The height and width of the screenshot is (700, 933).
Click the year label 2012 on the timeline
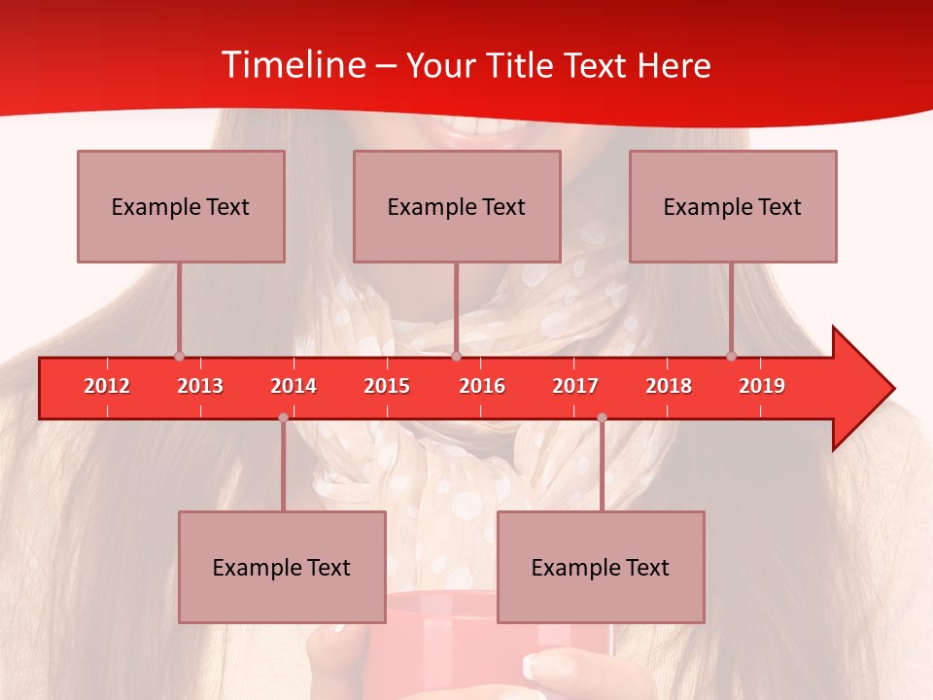[x=107, y=386]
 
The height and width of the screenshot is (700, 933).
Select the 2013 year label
[x=200, y=386]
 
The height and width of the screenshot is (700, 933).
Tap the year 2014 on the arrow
[x=294, y=386]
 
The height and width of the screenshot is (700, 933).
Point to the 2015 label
[x=387, y=386]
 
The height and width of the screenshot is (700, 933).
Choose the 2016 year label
[x=482, y=386]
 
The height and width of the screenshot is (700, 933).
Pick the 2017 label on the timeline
[x=575, y=386]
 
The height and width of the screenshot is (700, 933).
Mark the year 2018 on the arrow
[x=669, y=386]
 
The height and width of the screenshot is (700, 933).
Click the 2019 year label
[x=762, y=386]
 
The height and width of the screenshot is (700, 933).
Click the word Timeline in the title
[x=293, y=65]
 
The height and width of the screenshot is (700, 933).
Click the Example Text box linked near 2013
[x=181, y=206]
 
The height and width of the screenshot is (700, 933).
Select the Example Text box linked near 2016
[x=457, y=206]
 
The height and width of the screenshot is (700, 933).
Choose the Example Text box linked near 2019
[x=733, y=206]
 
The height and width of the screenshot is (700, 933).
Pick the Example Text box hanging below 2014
[x=282, y=567]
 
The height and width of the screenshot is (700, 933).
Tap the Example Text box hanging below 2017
[x=601, y=567]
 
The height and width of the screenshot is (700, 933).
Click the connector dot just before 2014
[x=283, y=417]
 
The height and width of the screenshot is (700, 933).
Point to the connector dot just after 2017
[x=602, y=417]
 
